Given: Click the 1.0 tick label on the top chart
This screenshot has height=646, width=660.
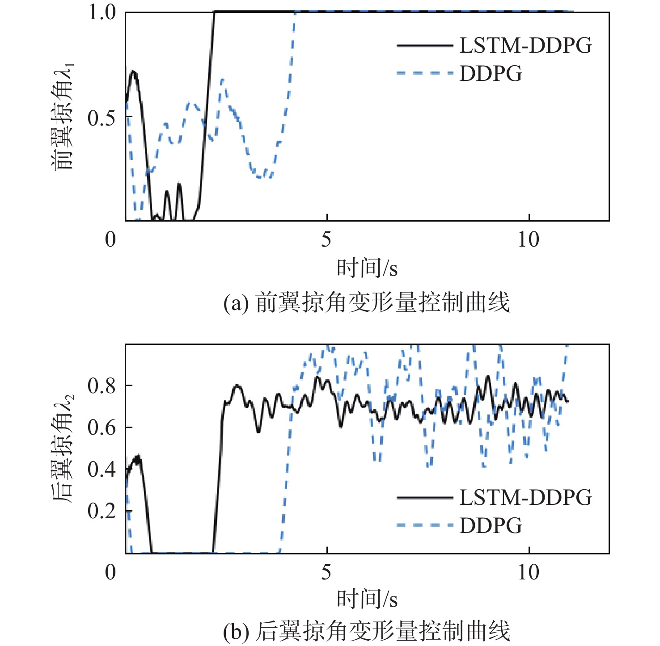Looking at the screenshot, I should point(102,13).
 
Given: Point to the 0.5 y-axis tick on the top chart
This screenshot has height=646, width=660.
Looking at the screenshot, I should point(102,118).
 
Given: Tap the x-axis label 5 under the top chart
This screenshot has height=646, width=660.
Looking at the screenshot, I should point(326,240).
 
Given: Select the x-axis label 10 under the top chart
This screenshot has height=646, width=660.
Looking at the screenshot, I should point(529,240).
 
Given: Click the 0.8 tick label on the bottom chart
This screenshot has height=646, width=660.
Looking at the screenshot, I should point(102,386).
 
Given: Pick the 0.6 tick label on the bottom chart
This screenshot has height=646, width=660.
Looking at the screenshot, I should point(102,428).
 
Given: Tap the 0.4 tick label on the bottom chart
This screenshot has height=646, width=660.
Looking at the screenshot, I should point(102,469).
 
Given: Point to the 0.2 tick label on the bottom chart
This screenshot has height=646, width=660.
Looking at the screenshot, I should point(102,511).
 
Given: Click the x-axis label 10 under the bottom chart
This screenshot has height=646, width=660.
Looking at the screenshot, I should point(529,572).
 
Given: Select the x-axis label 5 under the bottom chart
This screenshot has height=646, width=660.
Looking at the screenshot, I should point(326,572).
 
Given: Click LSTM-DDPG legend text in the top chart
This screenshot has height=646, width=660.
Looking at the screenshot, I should point(525,46).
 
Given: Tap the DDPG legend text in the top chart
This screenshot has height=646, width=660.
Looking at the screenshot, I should point(491,73).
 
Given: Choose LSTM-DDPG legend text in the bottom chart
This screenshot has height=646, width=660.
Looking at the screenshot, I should point(525,498).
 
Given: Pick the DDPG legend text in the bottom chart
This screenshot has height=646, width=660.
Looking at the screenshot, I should point(491,525).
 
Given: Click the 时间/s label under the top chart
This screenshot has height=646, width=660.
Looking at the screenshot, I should point(367,268).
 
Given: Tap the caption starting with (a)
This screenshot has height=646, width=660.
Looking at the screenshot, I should point(367,303).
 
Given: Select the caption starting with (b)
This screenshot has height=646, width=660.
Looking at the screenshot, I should point(367,632).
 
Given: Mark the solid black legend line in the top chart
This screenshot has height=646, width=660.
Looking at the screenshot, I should point(424,46).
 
